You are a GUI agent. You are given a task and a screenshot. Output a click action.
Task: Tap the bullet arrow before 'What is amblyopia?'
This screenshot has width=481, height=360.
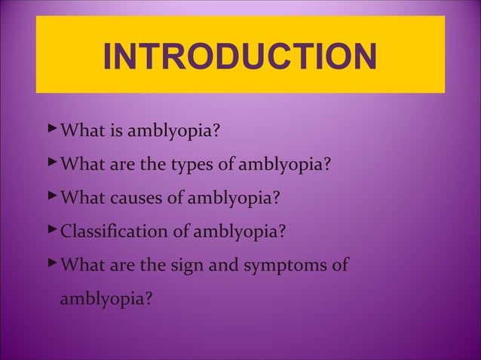point(51,131)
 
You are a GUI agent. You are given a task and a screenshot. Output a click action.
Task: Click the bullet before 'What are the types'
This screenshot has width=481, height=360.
point(51,163)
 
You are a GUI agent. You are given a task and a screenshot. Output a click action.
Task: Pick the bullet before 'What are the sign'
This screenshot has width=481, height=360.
point(51,262)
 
